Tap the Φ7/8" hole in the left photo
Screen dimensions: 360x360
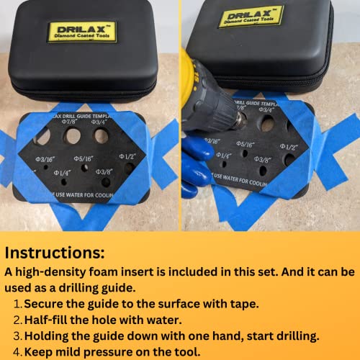[73, 135]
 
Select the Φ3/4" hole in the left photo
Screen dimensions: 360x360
[102, 135]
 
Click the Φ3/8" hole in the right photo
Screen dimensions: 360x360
[263, 171]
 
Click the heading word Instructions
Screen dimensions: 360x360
[55, 253]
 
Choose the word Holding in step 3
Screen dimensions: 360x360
[53, 335]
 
